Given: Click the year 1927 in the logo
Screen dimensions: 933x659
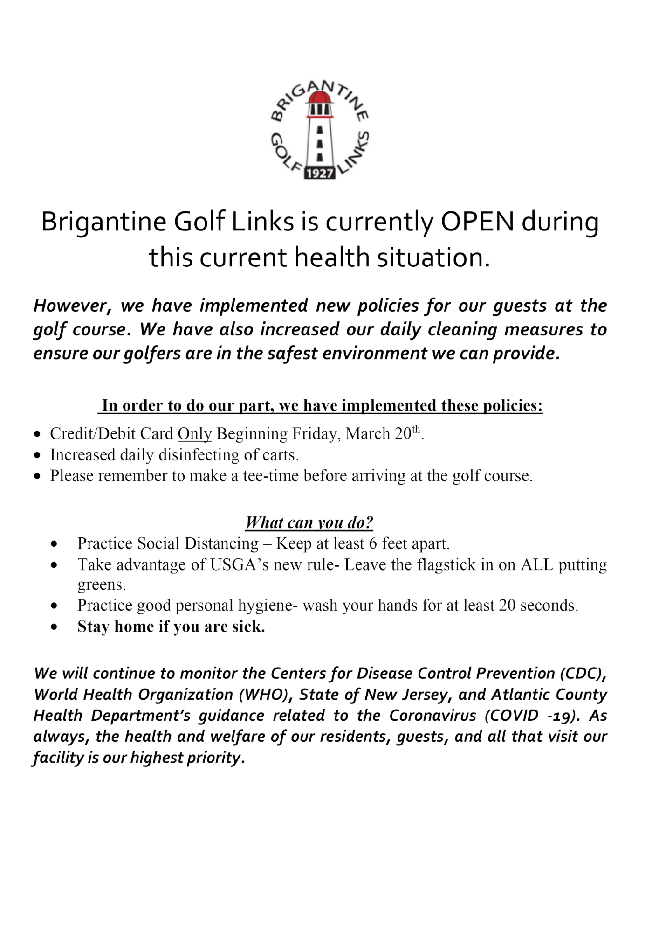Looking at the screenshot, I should [320, 173].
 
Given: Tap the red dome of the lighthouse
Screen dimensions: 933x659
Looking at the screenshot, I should [320, 97].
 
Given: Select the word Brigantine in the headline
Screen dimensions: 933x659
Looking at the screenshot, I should [103, 223].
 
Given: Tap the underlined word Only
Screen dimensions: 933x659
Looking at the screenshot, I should [194, 434].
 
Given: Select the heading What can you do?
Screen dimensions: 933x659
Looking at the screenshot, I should [309, 522].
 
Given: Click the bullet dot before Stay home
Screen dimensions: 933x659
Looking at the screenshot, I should [55, 627].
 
